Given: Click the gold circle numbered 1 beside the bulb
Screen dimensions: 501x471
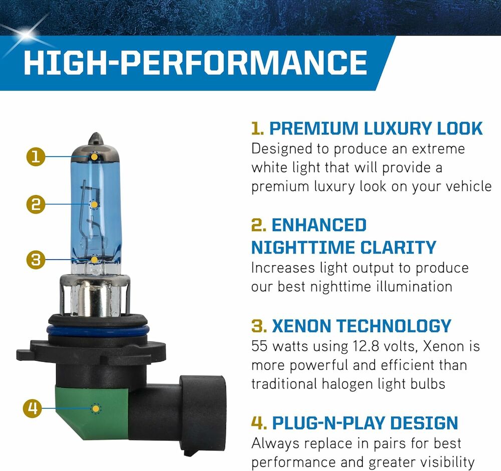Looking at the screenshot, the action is click(36, 156).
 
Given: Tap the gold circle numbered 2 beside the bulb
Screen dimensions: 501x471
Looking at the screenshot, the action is click(36, 205).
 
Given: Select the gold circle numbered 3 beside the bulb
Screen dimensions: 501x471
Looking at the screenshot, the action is click(36, 259).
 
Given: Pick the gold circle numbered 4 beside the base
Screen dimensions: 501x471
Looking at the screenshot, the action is click(32, 408).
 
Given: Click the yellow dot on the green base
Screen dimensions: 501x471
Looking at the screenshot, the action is click(95, 408).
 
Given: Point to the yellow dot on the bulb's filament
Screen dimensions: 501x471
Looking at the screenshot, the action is click(94, 204).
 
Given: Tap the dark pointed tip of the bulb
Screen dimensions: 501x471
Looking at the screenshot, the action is click(95, 139).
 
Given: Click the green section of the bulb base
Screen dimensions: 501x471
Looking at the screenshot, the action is click(91, 413).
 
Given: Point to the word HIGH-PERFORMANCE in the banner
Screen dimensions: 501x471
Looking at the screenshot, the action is click(195, 62).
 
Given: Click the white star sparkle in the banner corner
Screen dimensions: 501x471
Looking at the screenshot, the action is click(26, 34).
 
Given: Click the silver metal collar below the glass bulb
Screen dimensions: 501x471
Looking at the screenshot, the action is click(95, 295).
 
